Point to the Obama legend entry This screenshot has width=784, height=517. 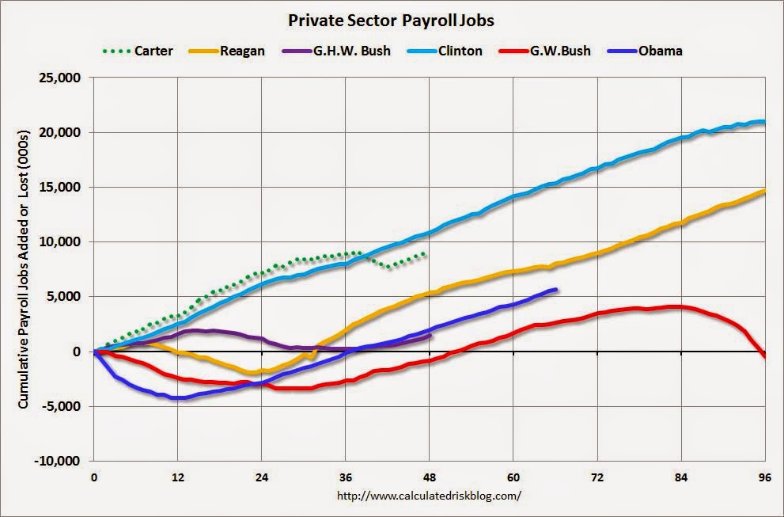pos(644,51)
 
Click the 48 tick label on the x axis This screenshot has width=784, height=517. pos(430,478)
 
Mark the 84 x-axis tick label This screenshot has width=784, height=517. pos(681,478)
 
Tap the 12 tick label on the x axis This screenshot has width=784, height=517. pos(177,478)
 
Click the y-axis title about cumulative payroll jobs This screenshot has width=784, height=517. pos(25,269)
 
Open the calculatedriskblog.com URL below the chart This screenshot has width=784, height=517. pos(430,496)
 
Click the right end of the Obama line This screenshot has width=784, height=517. pos(557,290)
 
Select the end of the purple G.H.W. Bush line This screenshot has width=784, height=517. pos(430,335)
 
